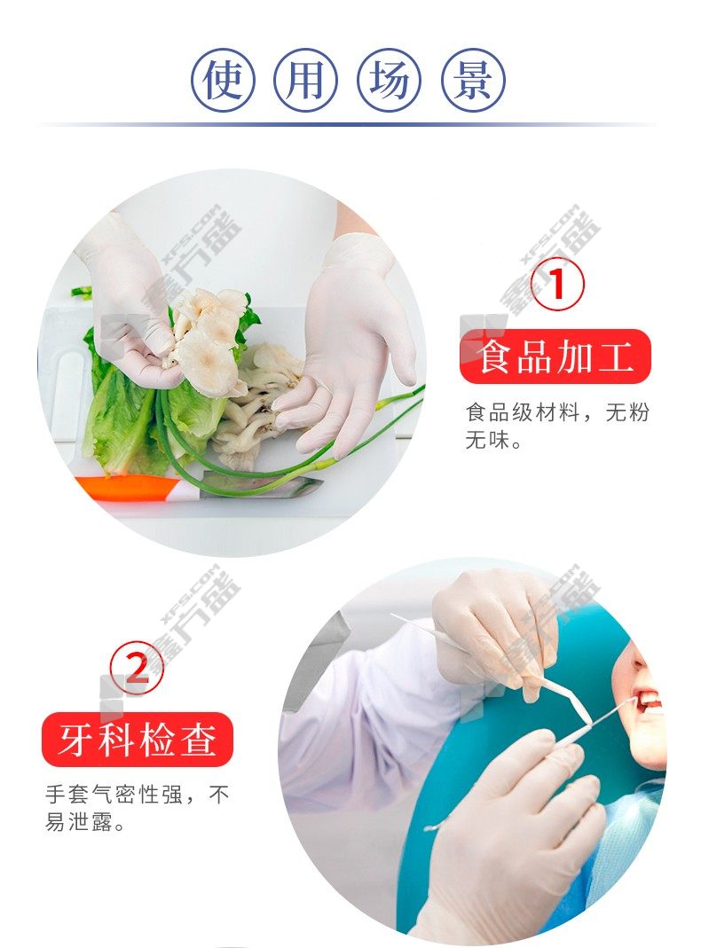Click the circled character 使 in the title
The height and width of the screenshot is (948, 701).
(x=224, y=80)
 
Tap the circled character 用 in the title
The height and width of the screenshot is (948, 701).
(x=306, y=80)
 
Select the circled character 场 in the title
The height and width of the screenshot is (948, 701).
(x=390, y=80)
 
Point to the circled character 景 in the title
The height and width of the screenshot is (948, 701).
(x=472, y=80)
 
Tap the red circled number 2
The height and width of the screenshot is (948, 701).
(x=138, y=668)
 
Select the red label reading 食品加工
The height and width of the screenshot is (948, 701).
(x=555, y=356)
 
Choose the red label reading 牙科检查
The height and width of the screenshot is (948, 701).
(x=138, y=740)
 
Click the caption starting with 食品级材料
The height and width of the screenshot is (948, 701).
(x=557, y=427)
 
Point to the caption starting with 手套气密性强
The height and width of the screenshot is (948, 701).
(x=138, y=808)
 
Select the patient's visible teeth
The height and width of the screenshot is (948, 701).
(x=650, y=701)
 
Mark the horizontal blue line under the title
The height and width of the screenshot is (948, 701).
(x=347, y=124)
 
